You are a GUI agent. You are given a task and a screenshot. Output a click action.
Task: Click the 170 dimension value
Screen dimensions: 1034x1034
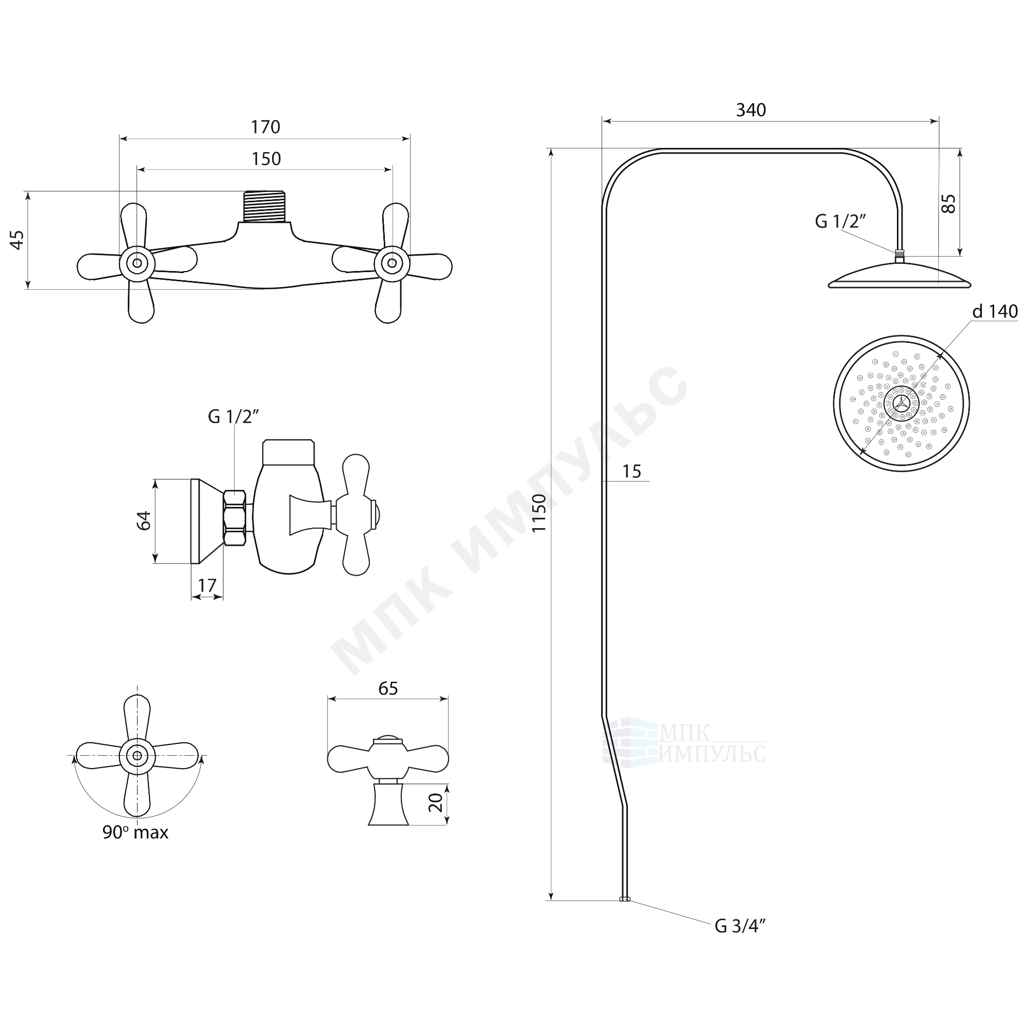(x=265, y=127)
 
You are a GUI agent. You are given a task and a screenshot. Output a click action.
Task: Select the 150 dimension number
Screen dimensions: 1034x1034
(x=266, y=159)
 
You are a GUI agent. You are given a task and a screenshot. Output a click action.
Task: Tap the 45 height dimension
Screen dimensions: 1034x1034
(x=18, y=239)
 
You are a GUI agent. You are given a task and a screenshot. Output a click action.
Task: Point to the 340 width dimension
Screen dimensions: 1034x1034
(x=751, y=110)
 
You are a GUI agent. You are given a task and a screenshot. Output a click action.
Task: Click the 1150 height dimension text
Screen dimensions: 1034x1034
(x=539, y=513)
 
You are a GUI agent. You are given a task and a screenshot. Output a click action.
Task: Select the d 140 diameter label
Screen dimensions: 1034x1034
(x=995, y=311)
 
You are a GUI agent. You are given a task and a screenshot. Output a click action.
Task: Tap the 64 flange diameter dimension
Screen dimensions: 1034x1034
(x=144, y=520)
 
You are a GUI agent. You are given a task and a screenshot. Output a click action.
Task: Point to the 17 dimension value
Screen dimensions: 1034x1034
(x=207, y=585)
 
